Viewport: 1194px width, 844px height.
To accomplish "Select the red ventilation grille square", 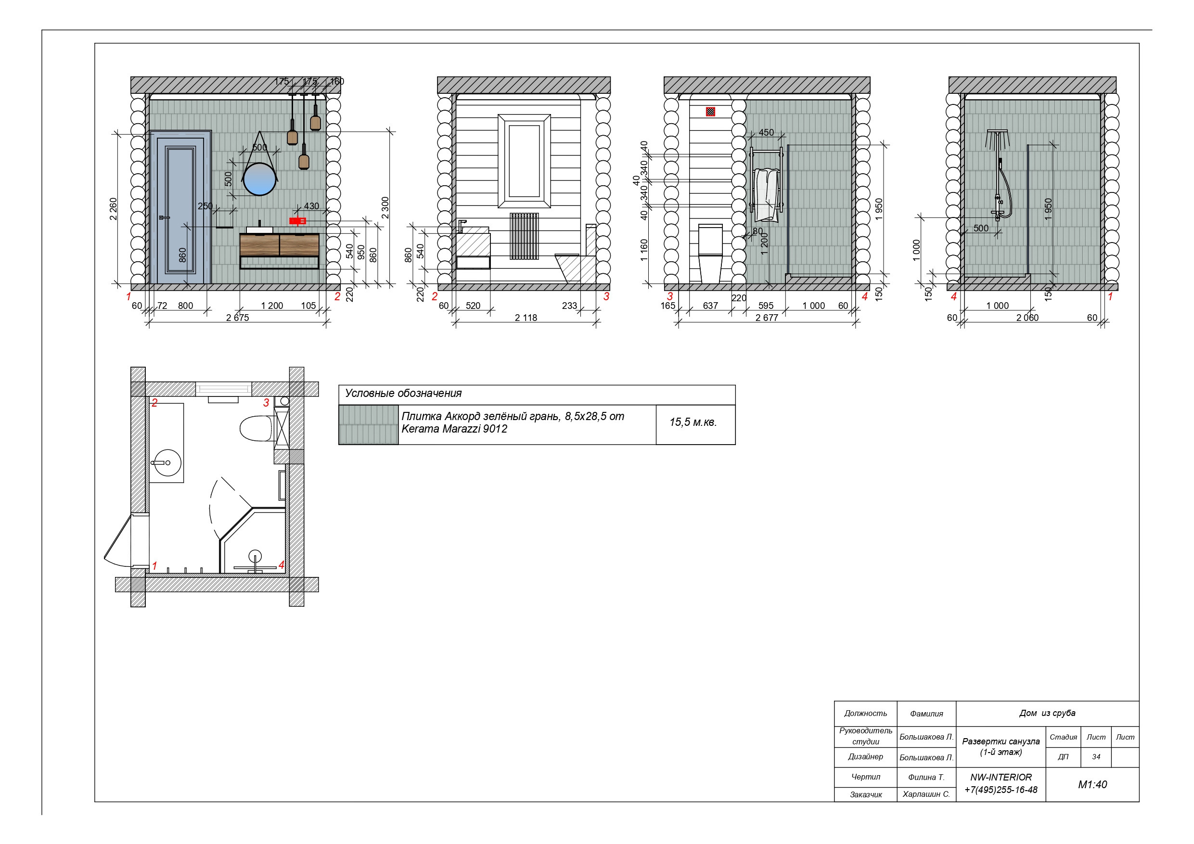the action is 710,111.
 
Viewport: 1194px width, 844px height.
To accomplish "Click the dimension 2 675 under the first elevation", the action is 238,318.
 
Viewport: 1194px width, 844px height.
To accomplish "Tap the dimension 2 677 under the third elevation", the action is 767,318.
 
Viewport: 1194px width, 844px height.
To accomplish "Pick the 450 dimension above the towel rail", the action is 766,133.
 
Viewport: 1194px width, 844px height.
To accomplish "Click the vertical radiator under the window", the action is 524,236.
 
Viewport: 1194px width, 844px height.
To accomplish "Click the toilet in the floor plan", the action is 256,428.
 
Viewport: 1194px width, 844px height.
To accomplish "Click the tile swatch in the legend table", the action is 368,425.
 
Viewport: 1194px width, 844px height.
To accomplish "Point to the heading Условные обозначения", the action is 404,394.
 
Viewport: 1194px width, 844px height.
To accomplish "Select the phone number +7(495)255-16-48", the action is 1001,790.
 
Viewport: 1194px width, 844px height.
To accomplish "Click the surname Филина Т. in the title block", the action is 926,778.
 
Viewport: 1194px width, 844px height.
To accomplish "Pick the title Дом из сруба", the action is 1047,714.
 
